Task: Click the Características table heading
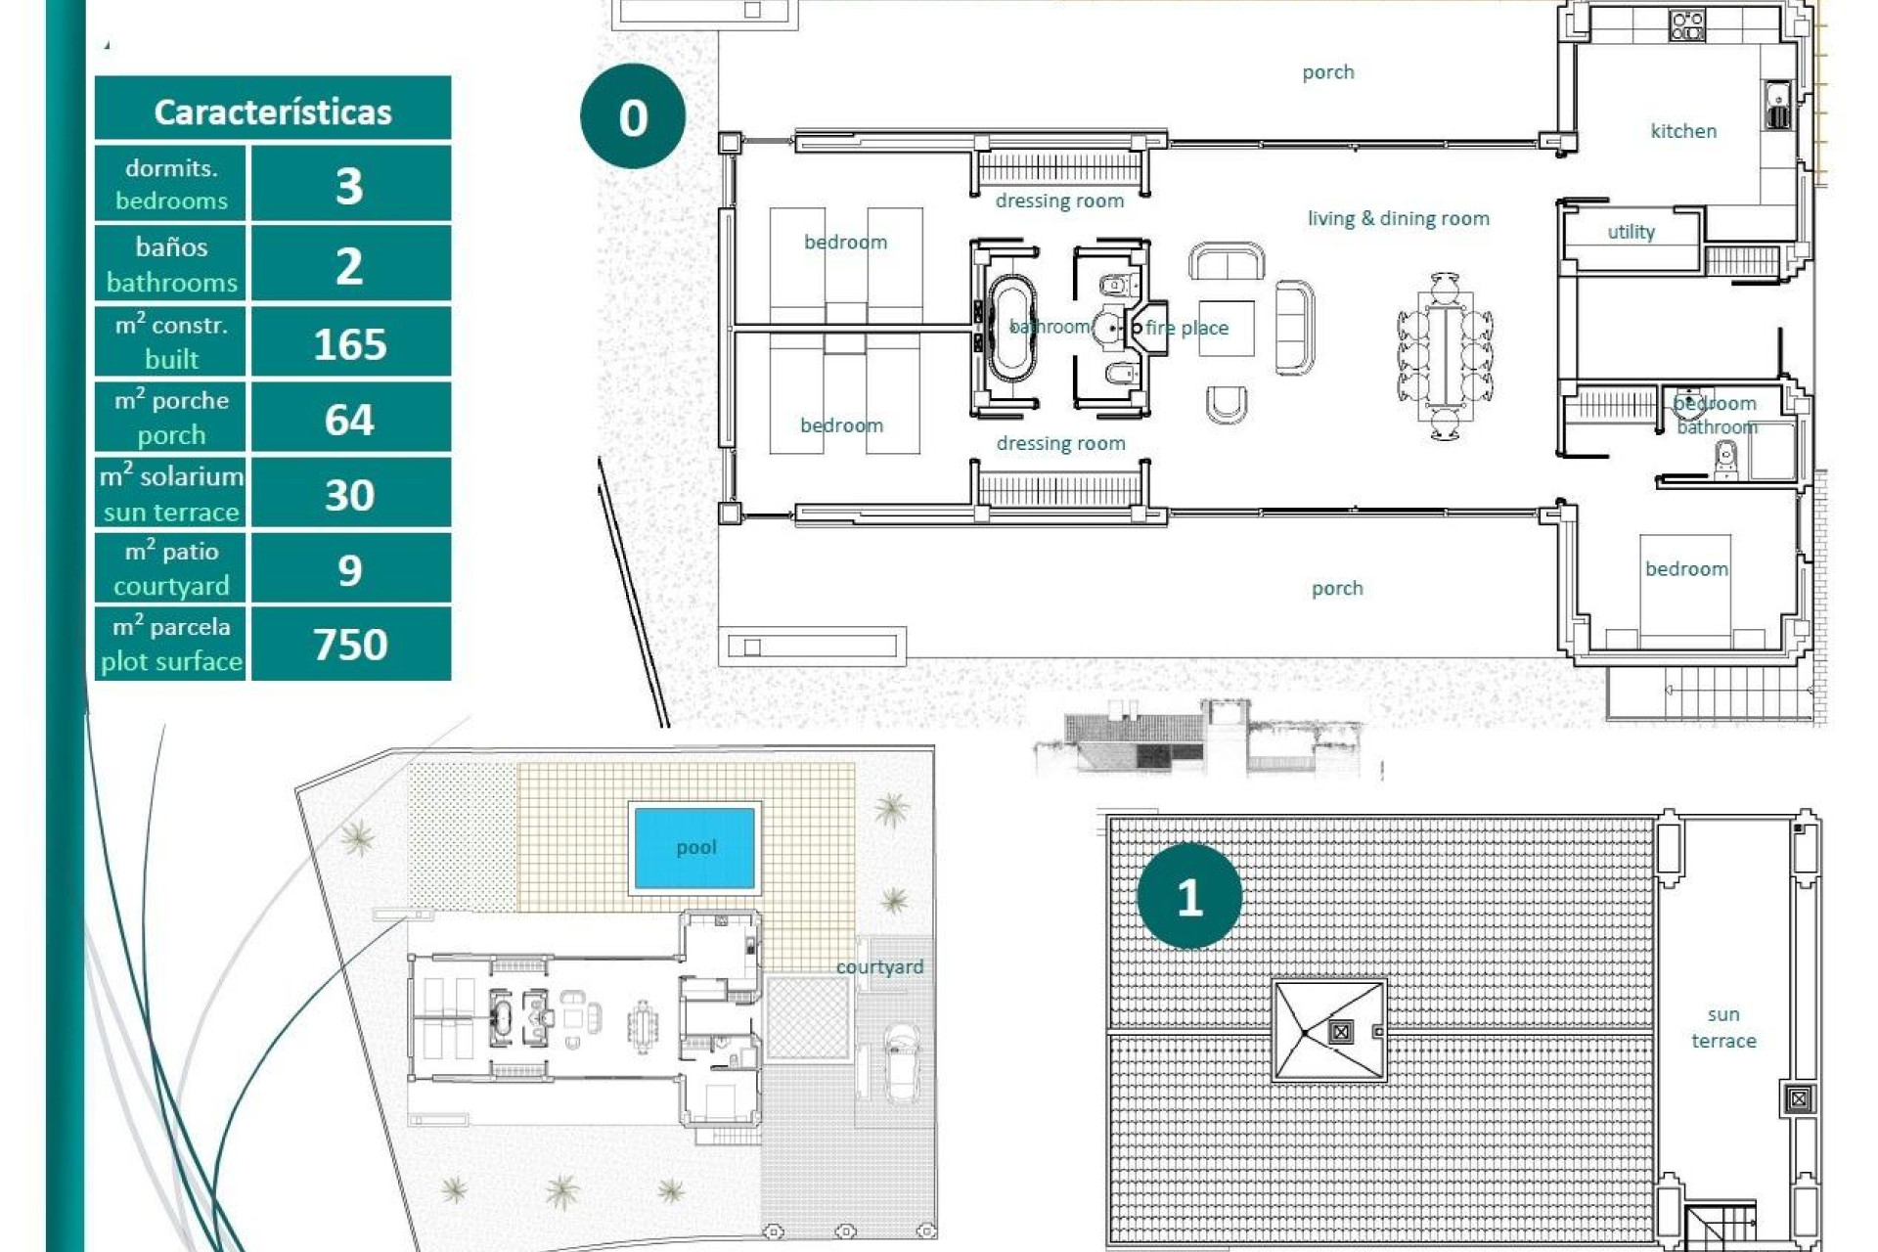coord(272,112)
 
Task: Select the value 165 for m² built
coord(350,344)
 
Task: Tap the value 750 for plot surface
coord(350,645)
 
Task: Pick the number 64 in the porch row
coord(349,420)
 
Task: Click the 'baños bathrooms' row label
coord(171,264)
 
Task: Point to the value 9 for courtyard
coord(349,570)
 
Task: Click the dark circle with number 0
coord(633,117)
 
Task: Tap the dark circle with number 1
coord(1189,897)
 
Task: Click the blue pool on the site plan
coord(694,847)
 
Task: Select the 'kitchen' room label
coord(1682,131)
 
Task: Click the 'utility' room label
coord(1631,232)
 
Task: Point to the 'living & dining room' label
coord(1398,218)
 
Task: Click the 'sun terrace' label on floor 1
coord(1723,1027)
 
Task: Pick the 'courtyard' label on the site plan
coord(878,966)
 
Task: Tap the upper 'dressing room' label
coord(1059,201)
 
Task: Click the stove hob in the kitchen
coord(1687,24)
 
